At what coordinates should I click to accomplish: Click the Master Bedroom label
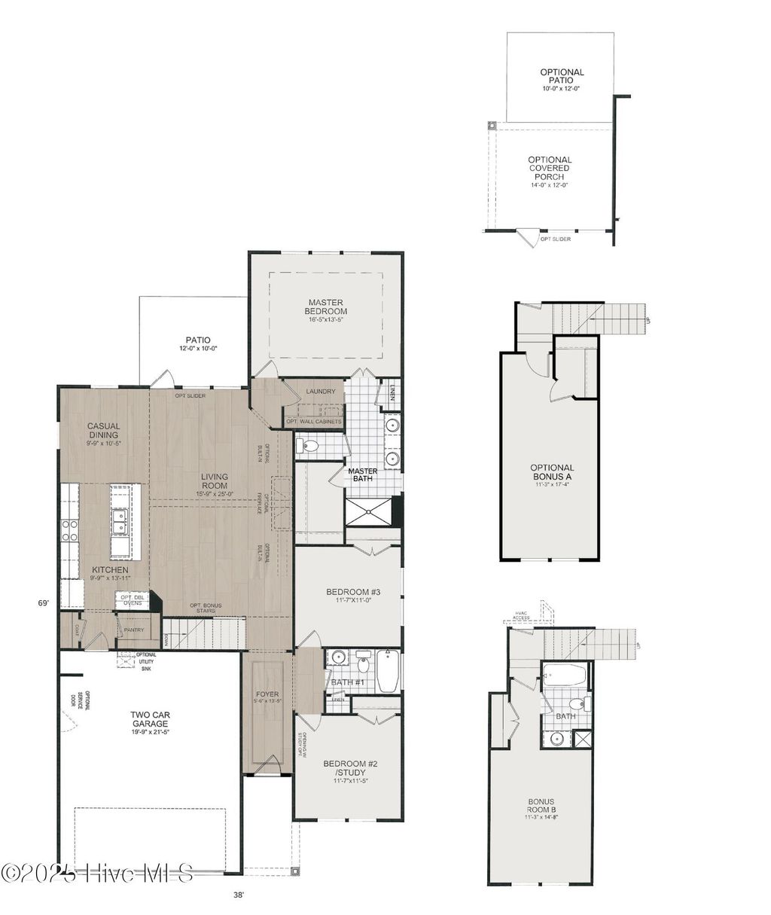point(325,307)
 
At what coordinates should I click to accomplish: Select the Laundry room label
point(321,392)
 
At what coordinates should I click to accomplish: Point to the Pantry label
point(134,630)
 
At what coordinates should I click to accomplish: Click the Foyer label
point(267,694)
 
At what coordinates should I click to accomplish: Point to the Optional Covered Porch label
point(550,169)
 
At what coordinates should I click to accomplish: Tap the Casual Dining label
point(103,431)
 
